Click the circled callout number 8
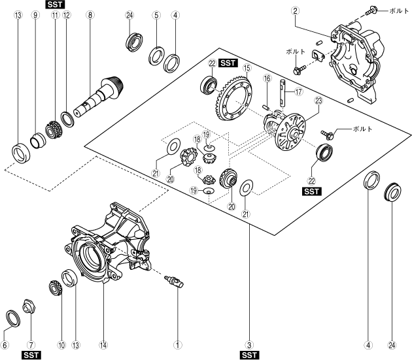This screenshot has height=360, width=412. (x=90, y=14)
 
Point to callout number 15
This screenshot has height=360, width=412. (x=247, y=67)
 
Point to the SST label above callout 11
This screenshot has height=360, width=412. (x=55, y=4)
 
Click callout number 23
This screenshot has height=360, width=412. (x=318, y=101)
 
